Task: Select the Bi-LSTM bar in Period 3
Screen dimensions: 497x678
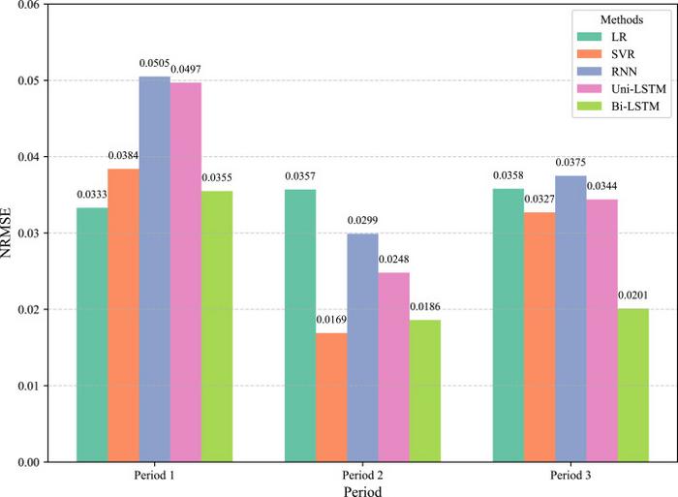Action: [x=633, y=385]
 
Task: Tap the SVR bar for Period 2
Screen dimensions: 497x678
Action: [x=331, y=397]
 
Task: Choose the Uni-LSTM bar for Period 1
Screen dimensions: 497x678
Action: [x=186, y=272]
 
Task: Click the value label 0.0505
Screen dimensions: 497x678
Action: [x=154, y=64]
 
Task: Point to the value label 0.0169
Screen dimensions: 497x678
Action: [x=331, y=321]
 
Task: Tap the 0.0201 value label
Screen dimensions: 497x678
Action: [x=633, y=296]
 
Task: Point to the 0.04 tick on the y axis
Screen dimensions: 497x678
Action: [x=29, y=157]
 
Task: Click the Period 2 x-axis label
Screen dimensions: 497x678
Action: [x=362, y=477]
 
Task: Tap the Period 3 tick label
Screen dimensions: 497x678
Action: [x=570, y=477]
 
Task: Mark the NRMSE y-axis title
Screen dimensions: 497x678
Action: [x=10, y=233]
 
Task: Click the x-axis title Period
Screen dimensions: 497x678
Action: [x=362, y=491]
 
